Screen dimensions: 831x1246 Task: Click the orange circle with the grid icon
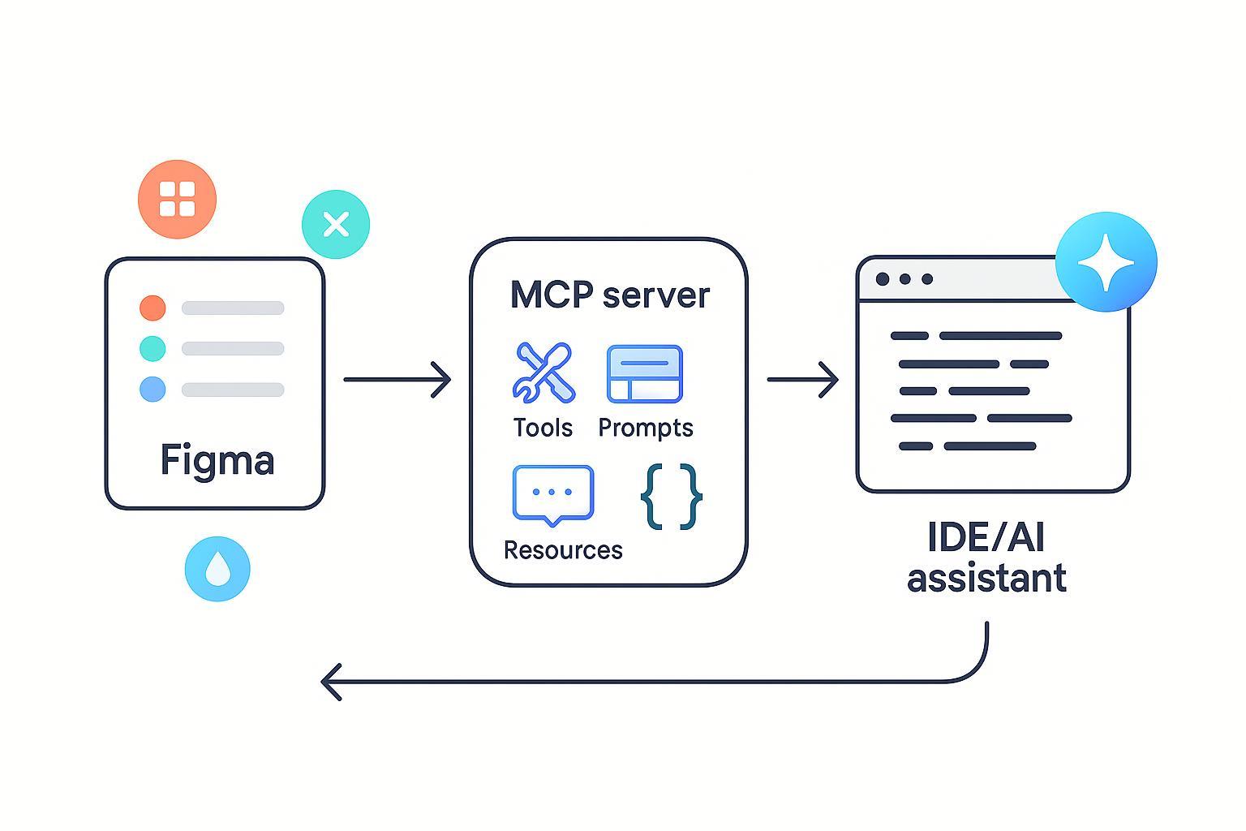pos(177,199)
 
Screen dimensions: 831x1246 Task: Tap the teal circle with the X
pos(336,224)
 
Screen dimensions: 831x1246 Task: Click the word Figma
pos(217,460)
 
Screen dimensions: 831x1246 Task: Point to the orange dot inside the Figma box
pos(153,308)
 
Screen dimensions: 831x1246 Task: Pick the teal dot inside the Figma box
pos(153,349)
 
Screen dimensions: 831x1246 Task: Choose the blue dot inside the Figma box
pos(153,390)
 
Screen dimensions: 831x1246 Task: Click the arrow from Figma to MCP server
pos(397,379)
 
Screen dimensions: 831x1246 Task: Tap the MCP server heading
pos(609,295)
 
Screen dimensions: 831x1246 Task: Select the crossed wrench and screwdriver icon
pos(544,372)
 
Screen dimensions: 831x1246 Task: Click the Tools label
pos(543,428)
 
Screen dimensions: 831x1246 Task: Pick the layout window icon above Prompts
pos(645,373)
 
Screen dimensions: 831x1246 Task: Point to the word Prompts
pos(646,428)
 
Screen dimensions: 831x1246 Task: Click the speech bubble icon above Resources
pos(553,494)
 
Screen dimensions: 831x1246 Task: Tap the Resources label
pos(563,550)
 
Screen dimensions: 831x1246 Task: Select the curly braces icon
pos(671,497)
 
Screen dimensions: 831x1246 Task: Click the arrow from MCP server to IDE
pos(802,379)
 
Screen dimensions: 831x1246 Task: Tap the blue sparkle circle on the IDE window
pos(1106,262)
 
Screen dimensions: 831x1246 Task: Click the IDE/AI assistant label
pos(986,558)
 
